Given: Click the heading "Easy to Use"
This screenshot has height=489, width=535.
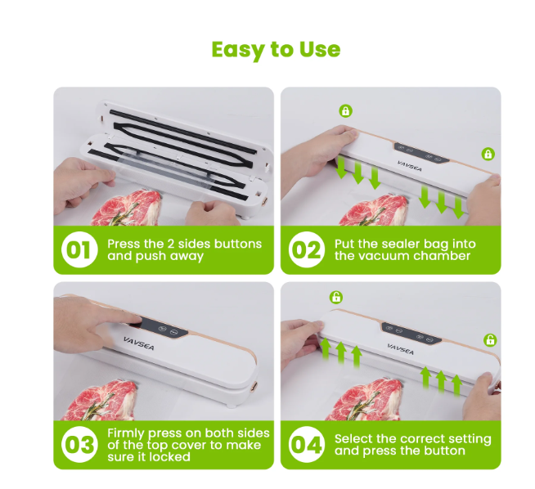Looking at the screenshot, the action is (x=276, y=50).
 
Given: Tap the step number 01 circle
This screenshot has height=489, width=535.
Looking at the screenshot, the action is (x=79, y=249).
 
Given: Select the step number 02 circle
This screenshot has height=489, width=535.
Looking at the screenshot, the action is (x=307, y=249).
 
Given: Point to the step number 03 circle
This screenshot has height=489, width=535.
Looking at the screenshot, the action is (x=79, y=444).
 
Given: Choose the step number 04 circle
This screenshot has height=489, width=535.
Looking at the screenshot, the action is (x=307, y=444).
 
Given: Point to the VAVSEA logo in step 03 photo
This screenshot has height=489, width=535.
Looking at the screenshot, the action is (x=139, y=343).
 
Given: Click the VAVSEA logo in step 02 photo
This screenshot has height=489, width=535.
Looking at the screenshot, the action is (x=410, y=166).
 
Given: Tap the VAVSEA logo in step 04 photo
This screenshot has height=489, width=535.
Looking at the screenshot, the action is (x=401, y=349).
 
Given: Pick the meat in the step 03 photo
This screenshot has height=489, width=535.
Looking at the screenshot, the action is (x=102, y=401).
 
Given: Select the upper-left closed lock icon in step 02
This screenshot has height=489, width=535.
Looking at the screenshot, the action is (x=346, y=111).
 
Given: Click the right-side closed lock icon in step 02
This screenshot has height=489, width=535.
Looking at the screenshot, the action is (x=488, y=154).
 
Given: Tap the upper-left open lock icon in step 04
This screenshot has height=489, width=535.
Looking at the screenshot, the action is (x=336, y=297).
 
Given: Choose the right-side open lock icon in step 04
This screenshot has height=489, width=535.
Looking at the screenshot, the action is (x=490, y=339).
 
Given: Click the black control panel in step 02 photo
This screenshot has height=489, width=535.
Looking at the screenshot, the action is (x=421, y=153).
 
